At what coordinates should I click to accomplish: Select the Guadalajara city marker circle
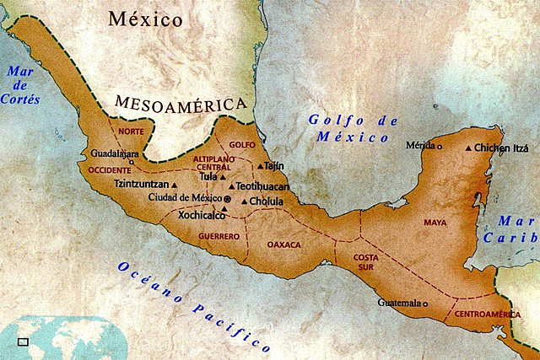[132, 162]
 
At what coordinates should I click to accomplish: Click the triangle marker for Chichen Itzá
[469, 148]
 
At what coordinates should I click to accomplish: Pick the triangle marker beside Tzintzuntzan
[175, 185]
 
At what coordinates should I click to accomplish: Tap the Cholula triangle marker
[243, 201]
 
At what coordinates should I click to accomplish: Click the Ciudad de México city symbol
[226, 197]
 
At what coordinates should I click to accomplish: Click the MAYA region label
[435, 223]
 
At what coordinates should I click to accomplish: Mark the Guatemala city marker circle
[425, 304]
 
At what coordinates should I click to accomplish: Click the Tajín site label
[273, 166]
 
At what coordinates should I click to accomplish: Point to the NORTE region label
[131, 132]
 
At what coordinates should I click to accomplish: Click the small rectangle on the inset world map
[23, 341]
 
